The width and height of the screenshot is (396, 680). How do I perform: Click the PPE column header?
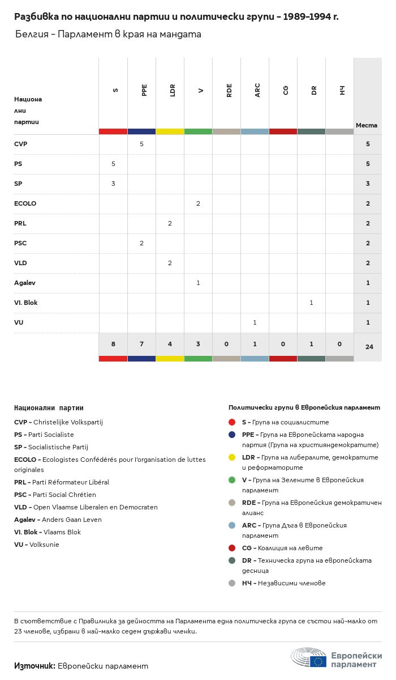(x=144, y=90)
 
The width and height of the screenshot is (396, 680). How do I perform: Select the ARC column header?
(x=257, y=90)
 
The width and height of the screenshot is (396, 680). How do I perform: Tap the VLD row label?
(x=20, y=263)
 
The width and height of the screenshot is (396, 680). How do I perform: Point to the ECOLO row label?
(x=25, y=203)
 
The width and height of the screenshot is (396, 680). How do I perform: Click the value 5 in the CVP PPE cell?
(x=141, y=144)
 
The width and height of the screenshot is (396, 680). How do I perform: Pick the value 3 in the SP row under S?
(x=113, y=184)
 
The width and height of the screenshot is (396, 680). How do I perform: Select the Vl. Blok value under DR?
(x=311, y=303)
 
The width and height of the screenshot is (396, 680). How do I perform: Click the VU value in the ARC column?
(x=255, y=322)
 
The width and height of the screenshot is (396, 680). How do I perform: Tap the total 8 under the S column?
(x=113, y=344)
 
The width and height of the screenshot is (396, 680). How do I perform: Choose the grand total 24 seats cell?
(x=369, y=346)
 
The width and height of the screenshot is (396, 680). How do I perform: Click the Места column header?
(x=367, y=125)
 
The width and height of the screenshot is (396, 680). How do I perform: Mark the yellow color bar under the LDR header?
(x=170, y=131)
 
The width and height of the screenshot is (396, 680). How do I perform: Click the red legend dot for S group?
(x=232, y=422)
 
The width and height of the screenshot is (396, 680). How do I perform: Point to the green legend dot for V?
(x=232, y=480)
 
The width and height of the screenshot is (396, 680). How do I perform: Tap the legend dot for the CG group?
(x=232, y=548)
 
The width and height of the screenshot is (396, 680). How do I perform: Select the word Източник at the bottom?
(x=35, y=666)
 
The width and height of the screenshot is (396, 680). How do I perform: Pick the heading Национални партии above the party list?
(x=49, y=407)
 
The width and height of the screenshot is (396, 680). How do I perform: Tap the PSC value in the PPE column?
(x=141, y=243)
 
